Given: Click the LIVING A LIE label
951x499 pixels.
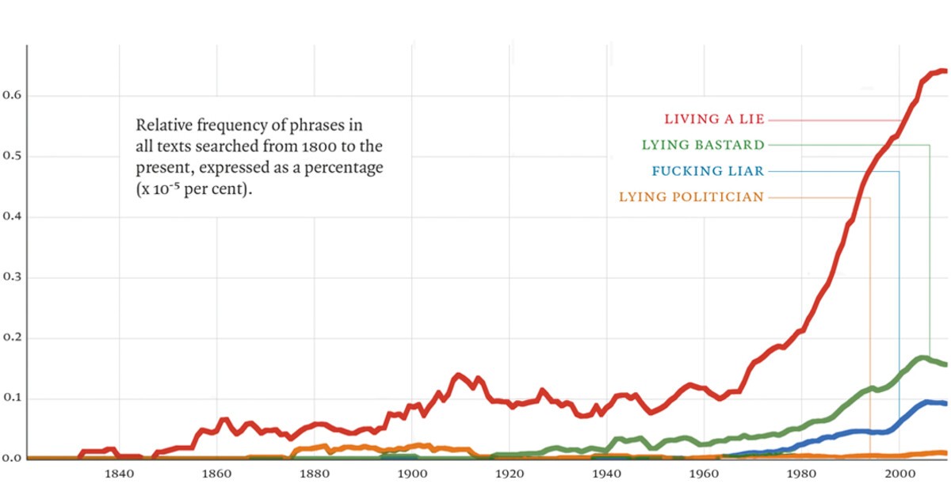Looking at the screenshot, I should coord(714,120).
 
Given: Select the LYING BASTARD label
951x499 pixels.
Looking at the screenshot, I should coord(703,145).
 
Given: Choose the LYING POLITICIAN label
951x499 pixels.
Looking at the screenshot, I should coord(691,197).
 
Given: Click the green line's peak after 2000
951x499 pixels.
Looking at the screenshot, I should coord(922,358).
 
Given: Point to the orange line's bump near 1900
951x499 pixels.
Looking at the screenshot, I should coord(418,446).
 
